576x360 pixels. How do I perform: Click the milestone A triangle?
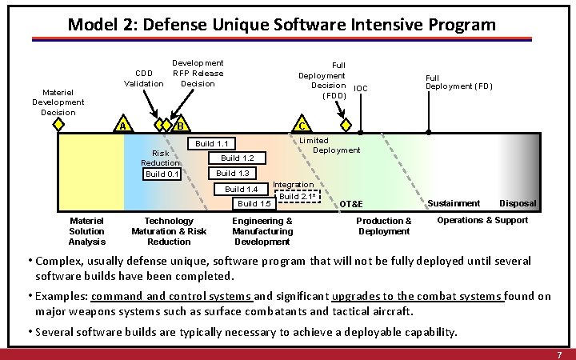coord(122,126)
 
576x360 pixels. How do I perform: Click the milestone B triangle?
coord(181,125)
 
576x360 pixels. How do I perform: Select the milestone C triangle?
coord(300,126)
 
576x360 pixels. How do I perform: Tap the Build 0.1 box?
coord(161,174)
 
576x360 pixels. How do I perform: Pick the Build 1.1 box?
coord(212,144)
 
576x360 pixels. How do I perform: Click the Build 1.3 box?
coord(232,174)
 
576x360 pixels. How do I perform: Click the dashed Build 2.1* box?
coord(298,196)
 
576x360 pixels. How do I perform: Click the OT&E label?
coord(351,204)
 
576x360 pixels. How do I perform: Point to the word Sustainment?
coord(455,203)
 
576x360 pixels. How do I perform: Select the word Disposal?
coord(518,203)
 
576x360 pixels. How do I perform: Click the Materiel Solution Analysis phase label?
coord(87,231)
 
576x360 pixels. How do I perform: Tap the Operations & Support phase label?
coord(482,220)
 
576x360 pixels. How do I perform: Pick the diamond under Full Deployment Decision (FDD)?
coord(345,126)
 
